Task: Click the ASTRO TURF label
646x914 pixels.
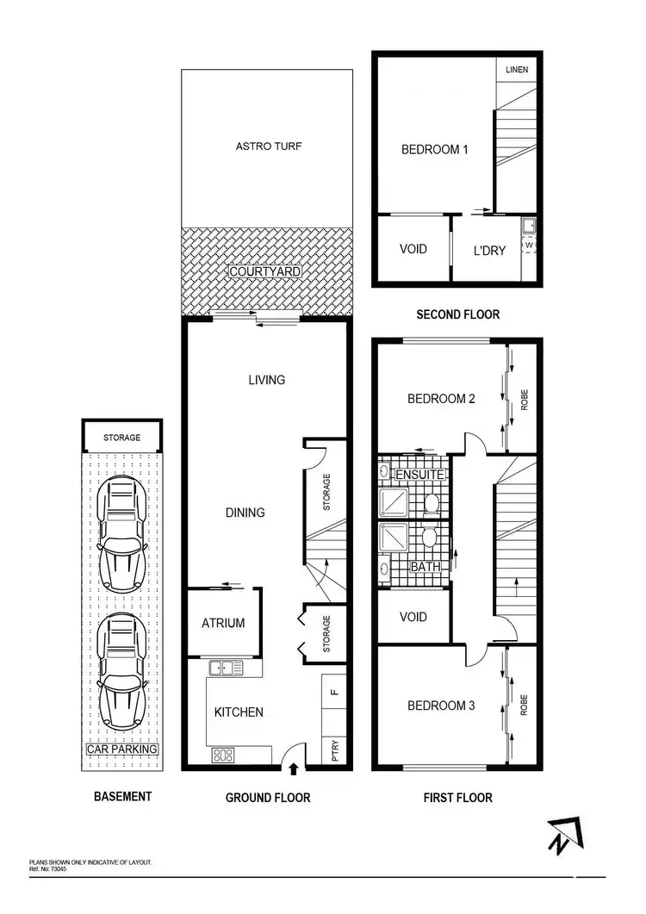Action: coord(269,146)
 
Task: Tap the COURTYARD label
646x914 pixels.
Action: coord(265,271)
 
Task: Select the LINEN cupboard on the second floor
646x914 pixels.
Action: coord(517,70)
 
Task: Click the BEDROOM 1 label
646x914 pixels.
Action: coord(435,150)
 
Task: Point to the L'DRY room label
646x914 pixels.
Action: coord(489,251)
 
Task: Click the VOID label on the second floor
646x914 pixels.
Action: coord(413,250)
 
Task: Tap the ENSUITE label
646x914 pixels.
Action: coord(419,475)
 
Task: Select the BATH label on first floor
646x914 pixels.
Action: coord(425,566)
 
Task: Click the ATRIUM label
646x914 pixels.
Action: coord(223,623)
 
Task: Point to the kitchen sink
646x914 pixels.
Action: coord(226,667)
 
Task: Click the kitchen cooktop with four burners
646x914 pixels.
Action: coord(223,755)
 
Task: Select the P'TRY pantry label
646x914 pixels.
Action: coord(335,751)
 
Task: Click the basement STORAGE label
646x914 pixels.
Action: coord(121,438)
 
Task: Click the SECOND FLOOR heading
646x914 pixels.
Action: coord(457,314)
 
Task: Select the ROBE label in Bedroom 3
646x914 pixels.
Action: coord(523,706)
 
